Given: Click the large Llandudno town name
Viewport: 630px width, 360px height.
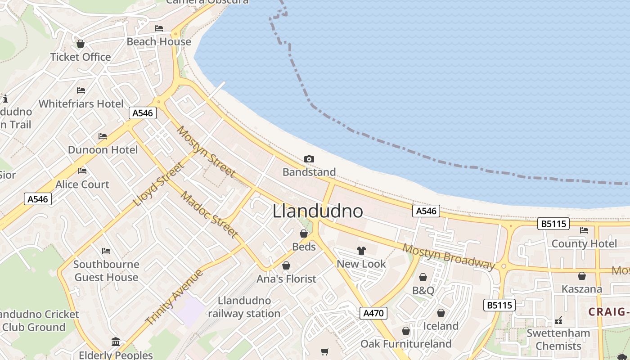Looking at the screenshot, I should pos(318,211).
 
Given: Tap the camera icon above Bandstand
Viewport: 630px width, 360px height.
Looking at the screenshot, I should pos(309,159).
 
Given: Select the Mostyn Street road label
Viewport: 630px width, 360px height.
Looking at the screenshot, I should pos(206,151).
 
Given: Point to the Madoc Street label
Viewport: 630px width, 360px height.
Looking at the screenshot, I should pos(209,214).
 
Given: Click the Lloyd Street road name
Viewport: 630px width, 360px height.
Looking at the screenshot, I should pos(159,184).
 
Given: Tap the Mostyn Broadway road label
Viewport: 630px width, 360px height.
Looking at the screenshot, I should pos(448,256).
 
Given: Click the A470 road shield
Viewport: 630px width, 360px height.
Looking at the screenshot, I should pos(373,313).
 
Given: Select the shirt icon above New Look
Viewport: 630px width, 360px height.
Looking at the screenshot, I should pos(361,251).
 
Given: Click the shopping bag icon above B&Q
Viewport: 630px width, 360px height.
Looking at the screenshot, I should pos(423,277).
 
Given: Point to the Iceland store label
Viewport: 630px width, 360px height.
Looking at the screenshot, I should pos(441,326).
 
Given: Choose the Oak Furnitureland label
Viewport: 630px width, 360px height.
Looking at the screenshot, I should pos(406,344).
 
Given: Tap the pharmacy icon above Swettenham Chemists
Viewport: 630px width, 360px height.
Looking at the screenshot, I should pos(558,320).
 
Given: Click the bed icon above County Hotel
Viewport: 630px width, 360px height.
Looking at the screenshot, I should pos(584,230).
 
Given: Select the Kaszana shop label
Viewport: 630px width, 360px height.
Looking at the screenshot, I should pos(581,289).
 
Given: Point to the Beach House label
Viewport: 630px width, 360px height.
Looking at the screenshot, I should pos(159,42).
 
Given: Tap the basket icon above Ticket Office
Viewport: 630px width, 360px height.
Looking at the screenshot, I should pos(81,44).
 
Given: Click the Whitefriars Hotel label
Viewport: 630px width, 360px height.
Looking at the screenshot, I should pos(81,103).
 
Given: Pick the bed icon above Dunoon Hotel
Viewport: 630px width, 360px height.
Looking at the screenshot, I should pos(103,136).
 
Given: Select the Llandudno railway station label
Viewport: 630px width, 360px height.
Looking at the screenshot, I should pos(244,307).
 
